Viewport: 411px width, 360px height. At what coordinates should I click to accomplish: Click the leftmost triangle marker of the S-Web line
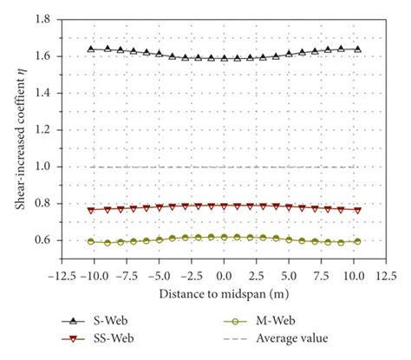point(91,49)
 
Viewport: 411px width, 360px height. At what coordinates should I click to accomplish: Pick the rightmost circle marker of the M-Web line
point(357,242)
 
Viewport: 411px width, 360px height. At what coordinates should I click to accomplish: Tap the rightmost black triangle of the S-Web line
point(357,49)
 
